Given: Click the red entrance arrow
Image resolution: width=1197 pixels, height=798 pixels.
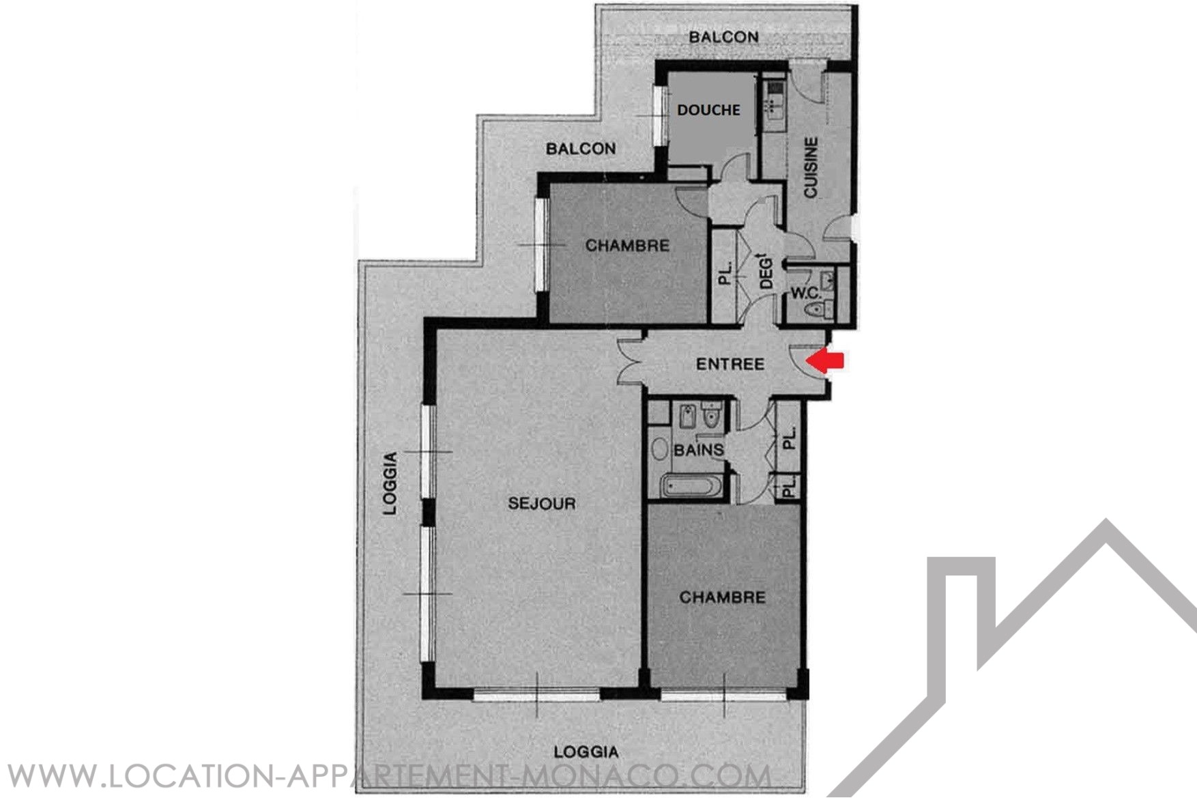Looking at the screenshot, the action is tap(826, 360).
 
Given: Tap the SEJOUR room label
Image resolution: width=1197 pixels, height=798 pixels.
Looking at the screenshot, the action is tap(542, 504).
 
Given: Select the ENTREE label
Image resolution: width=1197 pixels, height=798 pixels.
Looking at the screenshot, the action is tap(730, 364).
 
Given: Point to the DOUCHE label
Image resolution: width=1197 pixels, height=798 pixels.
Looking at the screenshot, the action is tap(708, 109).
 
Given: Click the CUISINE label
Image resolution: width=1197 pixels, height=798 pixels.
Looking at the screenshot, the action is tap(810, 167).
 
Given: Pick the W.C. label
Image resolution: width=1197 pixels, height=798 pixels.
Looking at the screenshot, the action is tap(805, 294).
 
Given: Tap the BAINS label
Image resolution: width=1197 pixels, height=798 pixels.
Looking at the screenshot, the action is tap(698, 450).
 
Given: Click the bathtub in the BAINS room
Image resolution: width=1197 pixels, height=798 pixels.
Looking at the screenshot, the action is tap(691, 487).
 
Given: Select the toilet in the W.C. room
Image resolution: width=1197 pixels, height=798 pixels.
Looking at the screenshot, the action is tap(814, 311).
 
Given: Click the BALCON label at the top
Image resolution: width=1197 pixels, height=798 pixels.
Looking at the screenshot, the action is tap(723, 37).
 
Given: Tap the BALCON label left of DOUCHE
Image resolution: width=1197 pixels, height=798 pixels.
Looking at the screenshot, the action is tap(581, 148).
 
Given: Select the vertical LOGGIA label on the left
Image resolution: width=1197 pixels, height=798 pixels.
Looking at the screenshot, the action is tap(390, 483).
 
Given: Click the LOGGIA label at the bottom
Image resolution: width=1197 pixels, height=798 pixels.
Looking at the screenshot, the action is tap(586, 752).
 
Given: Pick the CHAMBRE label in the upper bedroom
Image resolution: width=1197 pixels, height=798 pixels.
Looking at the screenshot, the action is tap(627, 245).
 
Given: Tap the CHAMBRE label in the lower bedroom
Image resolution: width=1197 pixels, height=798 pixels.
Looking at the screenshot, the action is tap(722, 597).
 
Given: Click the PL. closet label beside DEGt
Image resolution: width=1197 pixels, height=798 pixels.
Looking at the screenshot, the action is tap(725, 274).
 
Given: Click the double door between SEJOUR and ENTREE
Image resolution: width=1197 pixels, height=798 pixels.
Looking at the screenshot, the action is tap(631, 362).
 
